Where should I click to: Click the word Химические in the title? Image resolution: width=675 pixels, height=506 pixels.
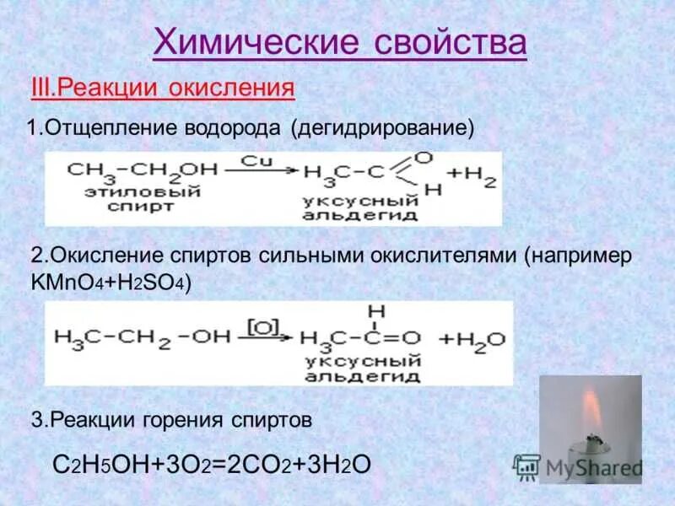coord(255,42)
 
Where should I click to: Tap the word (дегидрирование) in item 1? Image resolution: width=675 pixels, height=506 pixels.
coord(384,129)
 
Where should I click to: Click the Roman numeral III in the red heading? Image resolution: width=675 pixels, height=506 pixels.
coord(42,88)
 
